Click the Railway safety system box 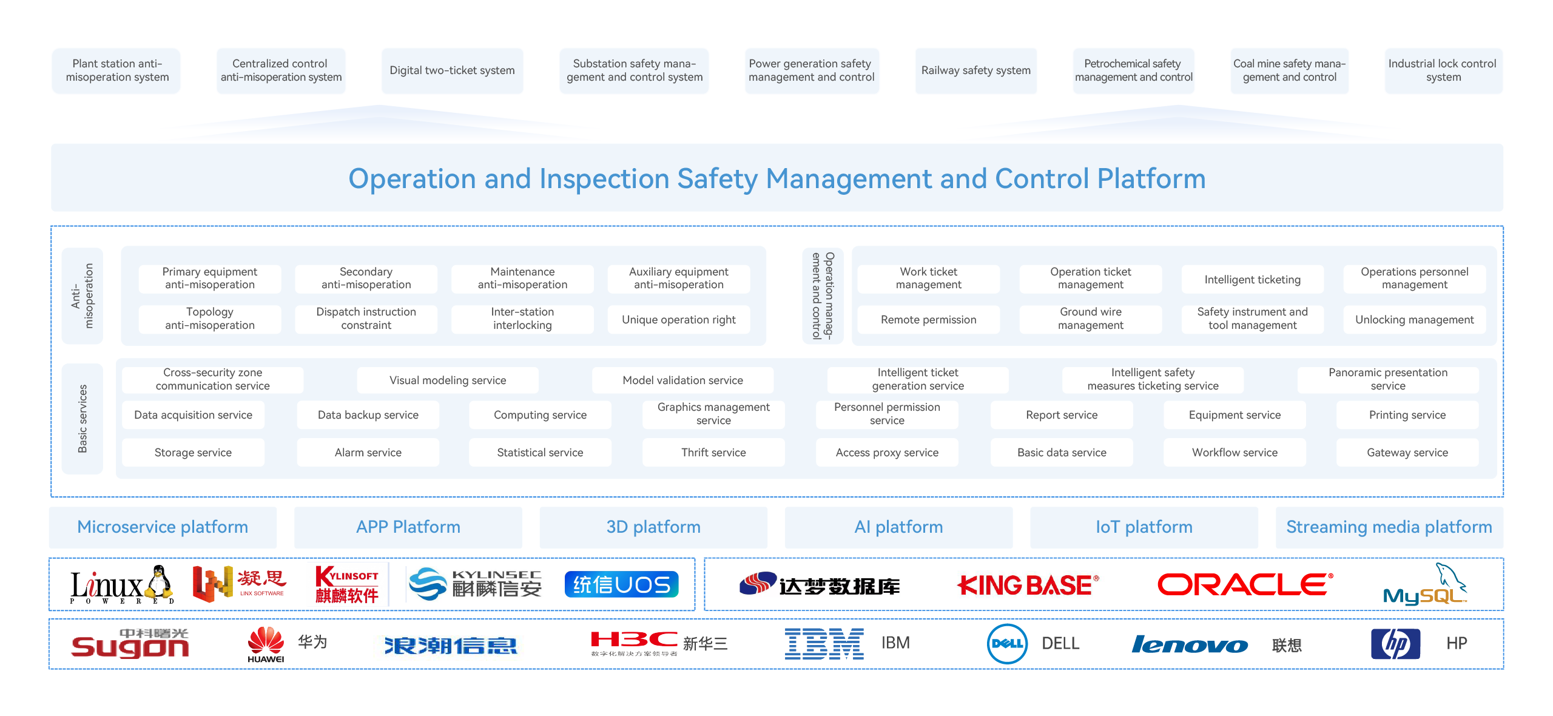tap(975, 70)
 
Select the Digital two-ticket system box tap(452, 70)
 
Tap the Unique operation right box tap(678, 319)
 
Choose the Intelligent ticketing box tap(1252, 279)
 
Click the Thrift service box tap(713, 452)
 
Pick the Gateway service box tap(1407, 452)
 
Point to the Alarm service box tap(368, 452)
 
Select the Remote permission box tap(928, 319)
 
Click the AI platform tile tap(898, 527)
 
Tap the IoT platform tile tap(1144, 527)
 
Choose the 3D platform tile tap(653, 527)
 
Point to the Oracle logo tap(1245, 584)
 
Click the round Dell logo tap(1007, 644)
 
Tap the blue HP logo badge tap(1395, 644)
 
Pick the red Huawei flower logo tap(266, 640)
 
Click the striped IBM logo tap(824, 644)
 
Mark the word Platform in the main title tap(1151, 178)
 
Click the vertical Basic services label tap(83, 419)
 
